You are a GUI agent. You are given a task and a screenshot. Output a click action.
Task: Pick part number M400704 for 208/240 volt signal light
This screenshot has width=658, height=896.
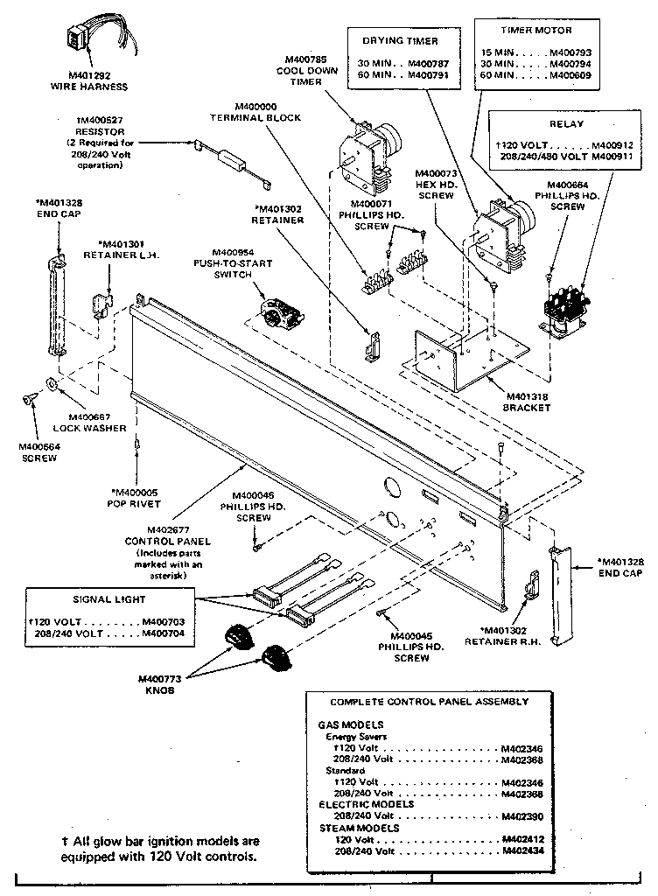click(x=163, y=633)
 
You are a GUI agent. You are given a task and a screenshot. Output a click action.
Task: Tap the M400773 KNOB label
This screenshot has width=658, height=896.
click(x=158, y=684)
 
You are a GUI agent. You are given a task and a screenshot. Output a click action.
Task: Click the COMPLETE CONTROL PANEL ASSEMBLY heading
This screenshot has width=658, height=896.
click(x=429, y=702)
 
